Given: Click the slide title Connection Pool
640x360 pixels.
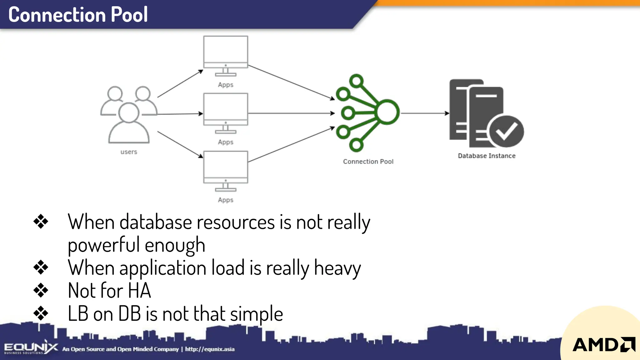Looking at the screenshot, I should (x=78, y=15).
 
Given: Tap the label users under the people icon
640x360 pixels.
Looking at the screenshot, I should (x=129, y=152).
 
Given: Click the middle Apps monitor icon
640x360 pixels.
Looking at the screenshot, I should (x=226, y=113).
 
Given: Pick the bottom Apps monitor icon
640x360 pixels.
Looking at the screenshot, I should (x=226, y=171).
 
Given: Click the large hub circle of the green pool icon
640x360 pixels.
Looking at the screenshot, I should (x=387, y=112).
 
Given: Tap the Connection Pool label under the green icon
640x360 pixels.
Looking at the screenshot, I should (x=368, y=162).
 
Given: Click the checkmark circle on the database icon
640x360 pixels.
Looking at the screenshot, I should (x=506, y=131).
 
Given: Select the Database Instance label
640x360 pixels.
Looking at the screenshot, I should (x=487, y=156).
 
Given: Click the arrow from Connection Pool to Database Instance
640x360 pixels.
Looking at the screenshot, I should (x=425, y=113).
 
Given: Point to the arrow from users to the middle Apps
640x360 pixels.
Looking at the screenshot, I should (x=180, y=114).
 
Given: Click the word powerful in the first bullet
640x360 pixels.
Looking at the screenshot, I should (x=104, y=245).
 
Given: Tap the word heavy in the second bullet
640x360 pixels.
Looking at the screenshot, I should (x=337, y=268).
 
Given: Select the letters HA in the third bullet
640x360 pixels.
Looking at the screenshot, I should (x=139, y=291).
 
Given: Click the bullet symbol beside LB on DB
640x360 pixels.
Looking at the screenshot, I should (x=41, y=313).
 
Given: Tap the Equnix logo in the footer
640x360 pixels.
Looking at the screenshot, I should (x=31, y=348).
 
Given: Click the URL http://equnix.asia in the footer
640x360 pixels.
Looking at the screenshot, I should (x=210, y=349).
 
